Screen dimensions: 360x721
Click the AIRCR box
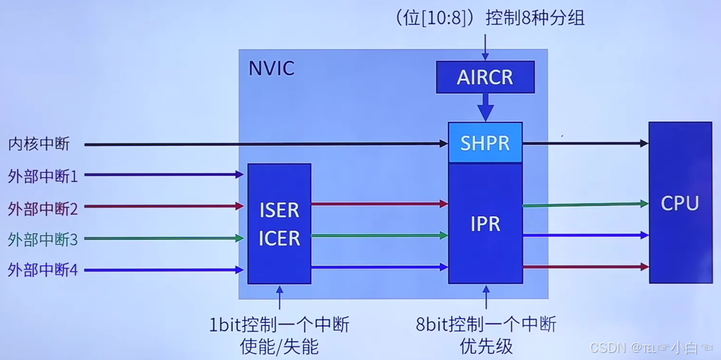[485, 77]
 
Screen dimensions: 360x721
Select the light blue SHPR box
[485, 143]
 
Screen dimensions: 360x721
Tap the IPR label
[485, 224]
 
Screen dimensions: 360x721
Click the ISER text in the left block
[279, 210]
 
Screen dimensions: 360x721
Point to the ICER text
[279, 238]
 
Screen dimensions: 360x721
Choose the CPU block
[680, 203]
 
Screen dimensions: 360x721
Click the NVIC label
[271, 68]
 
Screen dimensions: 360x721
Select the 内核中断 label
[39, 144]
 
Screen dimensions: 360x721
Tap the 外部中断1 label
[43, 176]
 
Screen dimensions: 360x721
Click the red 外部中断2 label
[43, 209]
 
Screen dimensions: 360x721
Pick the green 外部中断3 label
[43, 239]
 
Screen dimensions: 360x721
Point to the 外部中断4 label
[43, 270]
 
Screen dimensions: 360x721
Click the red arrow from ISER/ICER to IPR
[379, 204]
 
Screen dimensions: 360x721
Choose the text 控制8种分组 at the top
[534, 18]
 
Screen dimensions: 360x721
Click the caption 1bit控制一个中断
[279, 325]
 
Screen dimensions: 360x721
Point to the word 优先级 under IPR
[486, 346]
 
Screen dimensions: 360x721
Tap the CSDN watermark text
[608, 347]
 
